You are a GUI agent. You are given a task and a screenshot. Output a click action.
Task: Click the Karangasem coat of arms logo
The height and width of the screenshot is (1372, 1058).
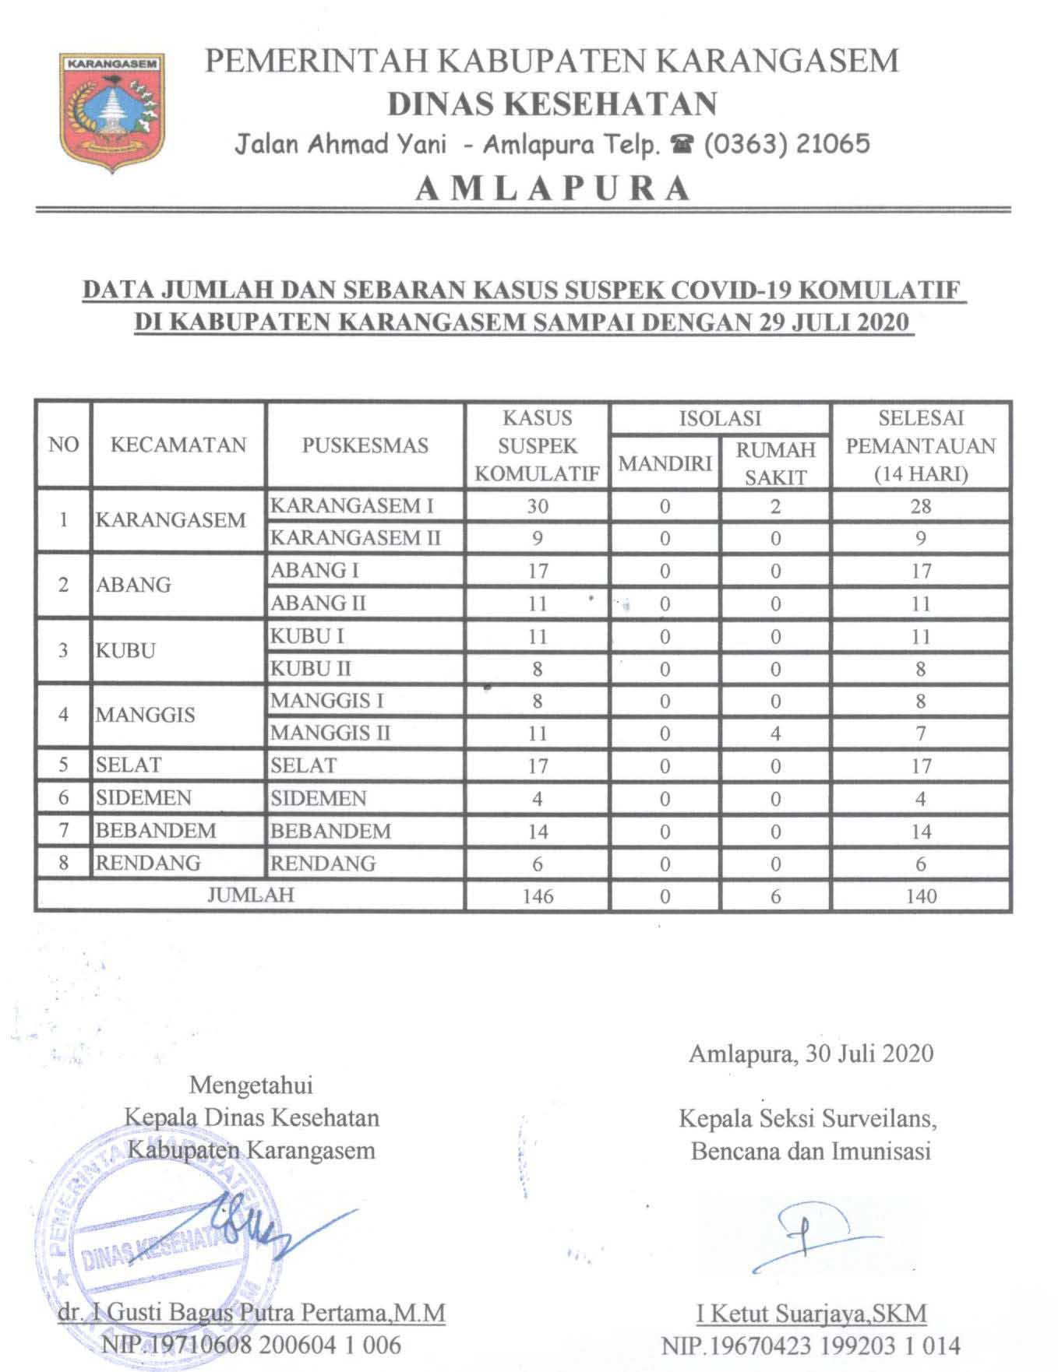[x=111, y=110]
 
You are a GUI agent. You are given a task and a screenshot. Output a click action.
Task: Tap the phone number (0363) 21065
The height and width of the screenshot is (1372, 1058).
[x=787, y=144]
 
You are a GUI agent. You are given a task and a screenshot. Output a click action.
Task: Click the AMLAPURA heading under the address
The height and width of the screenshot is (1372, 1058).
[x=553, y=188]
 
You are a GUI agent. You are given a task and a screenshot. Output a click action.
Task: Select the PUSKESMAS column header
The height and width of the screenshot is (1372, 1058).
[x=365, y=445]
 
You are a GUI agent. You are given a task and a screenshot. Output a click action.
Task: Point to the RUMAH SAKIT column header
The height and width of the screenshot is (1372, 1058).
[x=775, y=463]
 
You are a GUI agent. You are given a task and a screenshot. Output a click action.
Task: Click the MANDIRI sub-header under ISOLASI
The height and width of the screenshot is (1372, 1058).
[x=665, y=463]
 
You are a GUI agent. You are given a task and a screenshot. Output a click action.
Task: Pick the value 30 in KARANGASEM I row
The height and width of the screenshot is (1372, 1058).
[x=537, y=506]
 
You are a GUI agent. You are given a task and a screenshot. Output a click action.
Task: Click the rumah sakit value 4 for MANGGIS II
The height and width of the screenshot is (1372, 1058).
[x=775, y=733]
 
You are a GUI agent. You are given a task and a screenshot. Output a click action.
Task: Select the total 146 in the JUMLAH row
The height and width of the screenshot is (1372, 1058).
[x=537, y=896]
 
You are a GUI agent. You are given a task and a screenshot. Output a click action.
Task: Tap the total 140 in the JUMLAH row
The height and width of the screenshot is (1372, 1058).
[x=920, y=896]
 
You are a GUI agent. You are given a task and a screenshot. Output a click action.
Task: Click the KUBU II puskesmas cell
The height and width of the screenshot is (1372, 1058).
[x=310, y=668]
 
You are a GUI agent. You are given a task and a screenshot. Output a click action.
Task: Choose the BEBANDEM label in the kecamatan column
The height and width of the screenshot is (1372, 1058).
[x=156, y=831]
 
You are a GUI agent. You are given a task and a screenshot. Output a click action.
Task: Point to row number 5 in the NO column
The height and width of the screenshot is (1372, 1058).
[x=64, y=765]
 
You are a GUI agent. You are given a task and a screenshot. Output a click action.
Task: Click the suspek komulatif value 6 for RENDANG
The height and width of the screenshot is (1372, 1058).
[x=537, y=864]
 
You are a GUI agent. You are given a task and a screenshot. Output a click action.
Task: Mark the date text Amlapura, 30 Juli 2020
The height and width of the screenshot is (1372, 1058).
[x=811, y=1054]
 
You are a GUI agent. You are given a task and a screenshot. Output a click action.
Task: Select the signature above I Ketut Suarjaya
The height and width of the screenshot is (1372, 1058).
[x=810, y=1238]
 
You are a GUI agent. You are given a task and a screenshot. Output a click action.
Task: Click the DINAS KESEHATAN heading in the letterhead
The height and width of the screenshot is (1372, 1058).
[x=552, y=104]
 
